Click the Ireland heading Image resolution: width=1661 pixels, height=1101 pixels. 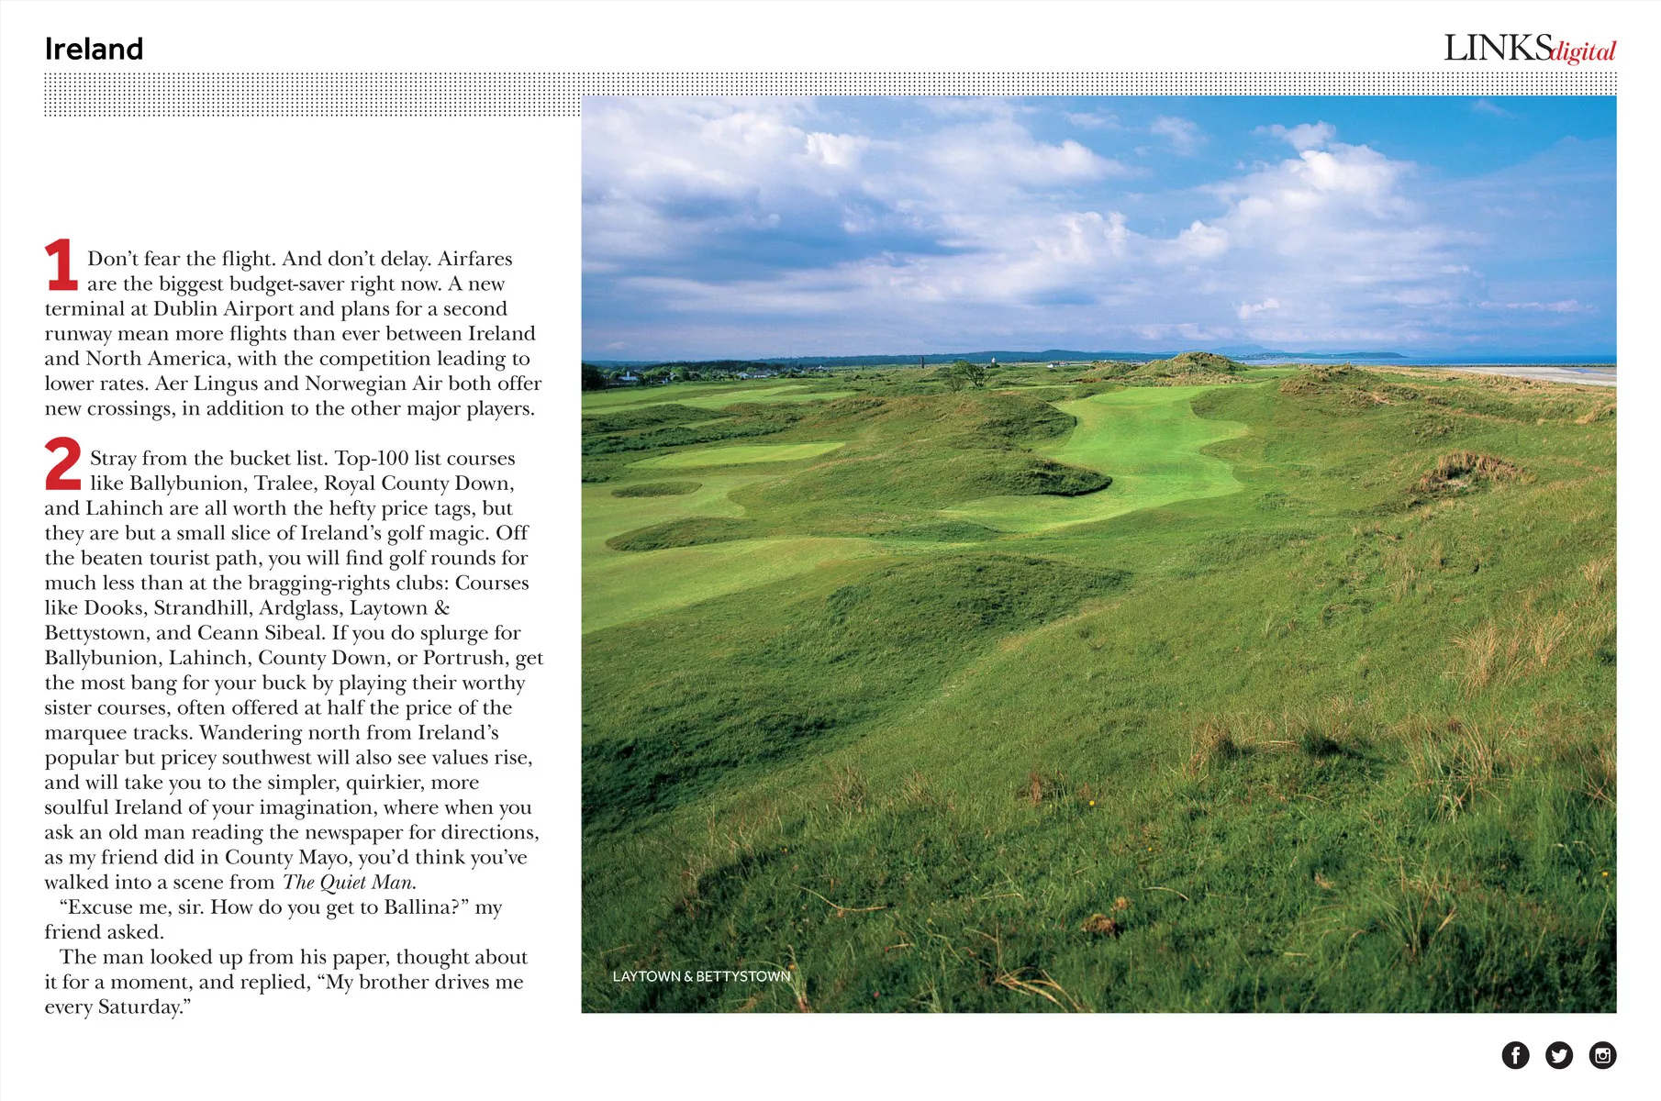point(94,49)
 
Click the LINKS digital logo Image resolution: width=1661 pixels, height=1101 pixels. point(1529,49)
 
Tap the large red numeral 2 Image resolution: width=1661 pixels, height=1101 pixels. point(62,463)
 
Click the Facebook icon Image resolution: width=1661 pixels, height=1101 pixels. point(1515,1055)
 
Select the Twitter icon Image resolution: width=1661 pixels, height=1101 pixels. point(1558,1055)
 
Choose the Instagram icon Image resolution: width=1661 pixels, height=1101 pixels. point(1602,1055)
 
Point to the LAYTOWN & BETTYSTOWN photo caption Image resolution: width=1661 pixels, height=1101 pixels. point(701,976)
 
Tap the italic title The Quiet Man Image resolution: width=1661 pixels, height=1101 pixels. point(348,883)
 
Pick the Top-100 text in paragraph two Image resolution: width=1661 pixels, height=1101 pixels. point(372,459)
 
